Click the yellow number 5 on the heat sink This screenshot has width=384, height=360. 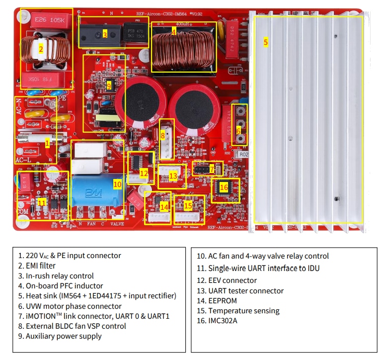pyautogui.click(x=265, y=42)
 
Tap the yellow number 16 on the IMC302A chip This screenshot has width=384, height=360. pyautogui.click(x=224, y=187)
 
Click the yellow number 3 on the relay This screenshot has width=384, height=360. pyautogui.click(x=105, y=34)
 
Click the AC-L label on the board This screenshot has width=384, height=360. pyautogui.click(x=24, y=160)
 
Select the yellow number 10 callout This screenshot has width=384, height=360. pyautogui.click(x=117, y=184)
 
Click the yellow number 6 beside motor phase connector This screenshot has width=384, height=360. pyautogui.click(x=238, y=131)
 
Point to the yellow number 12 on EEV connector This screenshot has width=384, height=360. pyautogui.click(x=144, y=174)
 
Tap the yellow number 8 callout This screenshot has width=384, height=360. pyautogui.click(x=162, y=135)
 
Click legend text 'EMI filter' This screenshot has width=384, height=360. pyautogui.click(x=37, y=266)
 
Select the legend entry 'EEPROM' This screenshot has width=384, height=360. pyautogui.click(x=223, y=300)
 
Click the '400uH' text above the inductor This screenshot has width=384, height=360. pyautogui.click(x=183, y=23)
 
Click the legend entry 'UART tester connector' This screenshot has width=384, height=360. pyautogui.click(x=246, y=290)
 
